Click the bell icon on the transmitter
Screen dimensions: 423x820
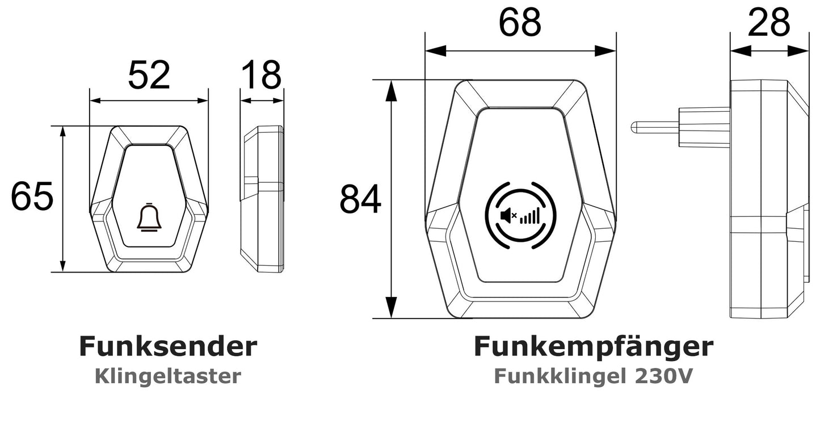tap(149, 218)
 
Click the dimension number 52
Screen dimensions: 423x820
tap(149, 75)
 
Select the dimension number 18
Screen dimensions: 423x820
tap(261, 75)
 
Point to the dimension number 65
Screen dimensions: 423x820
tap(32, 197)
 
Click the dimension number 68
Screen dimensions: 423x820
tap(520, 24)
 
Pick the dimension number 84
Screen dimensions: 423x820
tap(360, 200)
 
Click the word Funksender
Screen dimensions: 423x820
tap(167, 346)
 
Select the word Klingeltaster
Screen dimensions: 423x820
tap(167, 376)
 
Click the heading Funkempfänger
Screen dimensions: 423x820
tap(593, 346)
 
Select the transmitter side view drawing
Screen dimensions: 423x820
tap(262, 199)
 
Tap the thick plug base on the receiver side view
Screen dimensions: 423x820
tap(704, 127)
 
